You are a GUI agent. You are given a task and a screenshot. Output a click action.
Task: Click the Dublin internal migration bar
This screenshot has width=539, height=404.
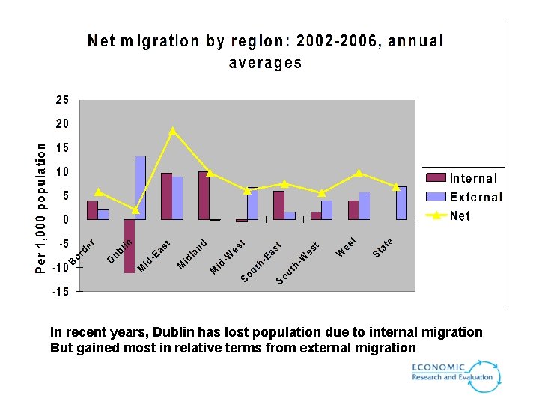click(x=130, y=246)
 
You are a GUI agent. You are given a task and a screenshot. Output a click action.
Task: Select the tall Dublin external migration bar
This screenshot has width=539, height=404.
click(x=140, y=188)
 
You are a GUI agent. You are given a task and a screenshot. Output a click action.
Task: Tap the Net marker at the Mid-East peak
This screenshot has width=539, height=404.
click(x=173, y=131)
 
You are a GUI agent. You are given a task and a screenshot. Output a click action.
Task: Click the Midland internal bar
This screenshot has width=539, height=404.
click(x=204, y=195)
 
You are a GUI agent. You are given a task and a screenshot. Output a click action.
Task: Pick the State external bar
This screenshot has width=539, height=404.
click(x=402, y=203)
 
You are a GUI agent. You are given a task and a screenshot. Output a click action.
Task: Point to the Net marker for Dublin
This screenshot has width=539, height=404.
click(x=135, y=210)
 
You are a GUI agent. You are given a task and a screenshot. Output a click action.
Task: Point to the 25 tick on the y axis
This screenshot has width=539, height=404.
click(x=61, y=100)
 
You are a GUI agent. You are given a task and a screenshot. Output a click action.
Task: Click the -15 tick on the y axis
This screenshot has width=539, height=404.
click(x=60, y=291)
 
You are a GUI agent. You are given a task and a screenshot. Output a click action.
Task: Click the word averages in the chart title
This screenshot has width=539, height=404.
click(x=265, y=63)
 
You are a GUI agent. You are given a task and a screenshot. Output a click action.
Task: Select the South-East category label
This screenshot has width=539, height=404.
click(x=261, y=263)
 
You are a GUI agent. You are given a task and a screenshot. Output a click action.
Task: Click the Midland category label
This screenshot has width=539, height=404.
click(x=192, y=253)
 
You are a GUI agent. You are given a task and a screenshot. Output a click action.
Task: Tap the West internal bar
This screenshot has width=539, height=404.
click(x=353, y=210)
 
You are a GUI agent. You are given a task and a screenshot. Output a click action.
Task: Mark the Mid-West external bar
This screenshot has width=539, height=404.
click(x=252, y=203)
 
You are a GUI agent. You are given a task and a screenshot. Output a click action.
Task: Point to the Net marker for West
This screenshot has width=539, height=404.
click(x=359, y=173)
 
